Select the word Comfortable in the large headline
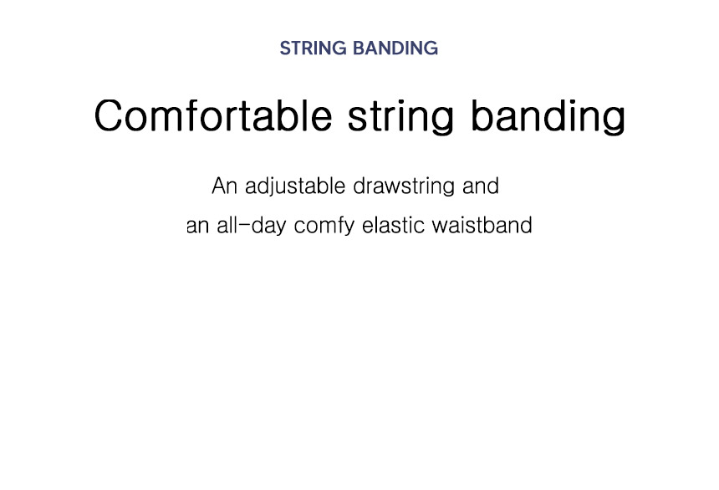tap(212, 115)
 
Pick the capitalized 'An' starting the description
tap(224, 186)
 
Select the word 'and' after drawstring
tap(481, 186)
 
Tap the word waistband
tap(482, 226)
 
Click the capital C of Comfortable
tap(109, 115)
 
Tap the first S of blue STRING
tap(285, 48)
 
